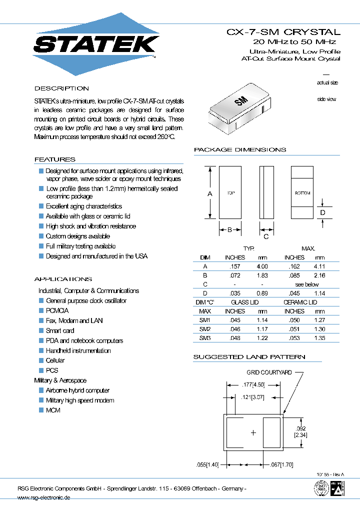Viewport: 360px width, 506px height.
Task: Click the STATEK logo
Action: [96, 44]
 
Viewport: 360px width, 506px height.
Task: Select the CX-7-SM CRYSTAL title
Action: [283, 32]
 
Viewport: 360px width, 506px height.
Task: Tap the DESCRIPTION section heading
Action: [61, 88]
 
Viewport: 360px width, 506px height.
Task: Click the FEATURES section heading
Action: [55, 159]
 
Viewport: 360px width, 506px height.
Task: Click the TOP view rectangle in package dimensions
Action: [230, 192]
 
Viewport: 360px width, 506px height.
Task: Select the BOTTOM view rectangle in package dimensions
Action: [302, 192]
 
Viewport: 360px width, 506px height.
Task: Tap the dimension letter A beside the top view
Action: [210, 193]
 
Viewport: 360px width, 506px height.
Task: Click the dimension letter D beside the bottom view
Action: [323, 212]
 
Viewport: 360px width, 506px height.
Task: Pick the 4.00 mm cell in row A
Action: [262, 266]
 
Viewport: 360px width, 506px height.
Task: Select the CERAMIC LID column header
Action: [300, 302]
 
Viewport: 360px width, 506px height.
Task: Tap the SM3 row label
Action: [205, 338]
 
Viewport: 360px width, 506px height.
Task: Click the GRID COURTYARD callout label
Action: [269, 372]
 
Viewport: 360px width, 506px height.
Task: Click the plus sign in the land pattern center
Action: [253, 432]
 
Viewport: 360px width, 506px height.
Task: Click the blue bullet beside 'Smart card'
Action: [41, 330]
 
